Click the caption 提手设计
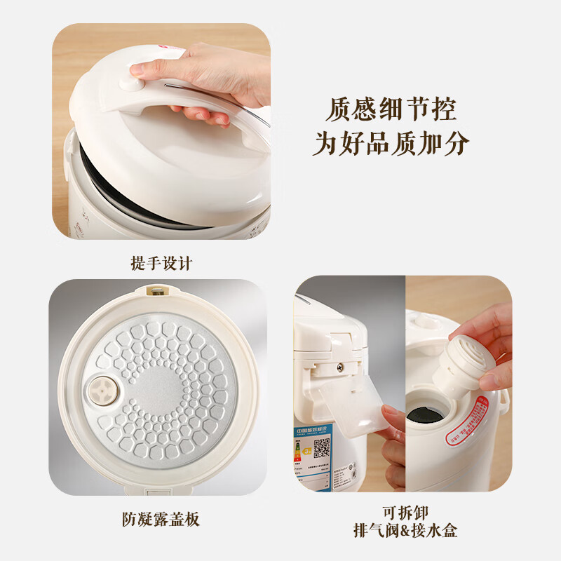pos(161,263)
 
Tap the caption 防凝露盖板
pos(160,519)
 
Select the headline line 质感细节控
pos(391,109)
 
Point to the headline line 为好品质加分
pos(391,144)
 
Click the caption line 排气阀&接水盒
pos(405,531)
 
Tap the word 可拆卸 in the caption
pos(405,511)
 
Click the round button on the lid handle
pos(130,83)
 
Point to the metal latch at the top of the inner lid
pos(158,289)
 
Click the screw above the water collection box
pos(340,366)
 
